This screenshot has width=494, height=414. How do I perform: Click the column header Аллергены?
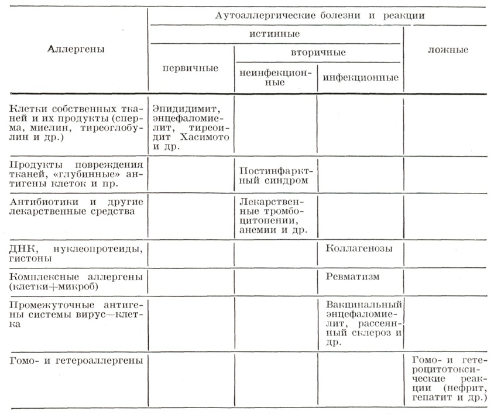pyautogui.click(x=76, y=49)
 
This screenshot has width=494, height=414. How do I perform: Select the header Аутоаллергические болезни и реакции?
pyautogui.click(x=320, y=16)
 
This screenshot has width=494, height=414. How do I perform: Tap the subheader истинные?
pyautogui.click(x=275, y=34)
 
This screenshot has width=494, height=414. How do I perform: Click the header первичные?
pyautogui.click(x=190, y=68)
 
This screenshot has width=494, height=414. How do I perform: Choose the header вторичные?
pyautogui.click(x=318, y=53)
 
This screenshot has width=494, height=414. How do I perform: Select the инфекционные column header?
pyautogui.click(x=360, y=77)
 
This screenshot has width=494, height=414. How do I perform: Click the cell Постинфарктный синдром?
pyautogui.click(x=275, y=175)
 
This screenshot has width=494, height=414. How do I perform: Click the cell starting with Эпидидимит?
pyautogui.click(x=190, y=127)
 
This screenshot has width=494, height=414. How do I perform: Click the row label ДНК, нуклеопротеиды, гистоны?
pyautogui.click(x=76, y=253)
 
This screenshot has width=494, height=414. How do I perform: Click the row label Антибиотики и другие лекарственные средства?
pyautogui.click(x=76, y=206)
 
